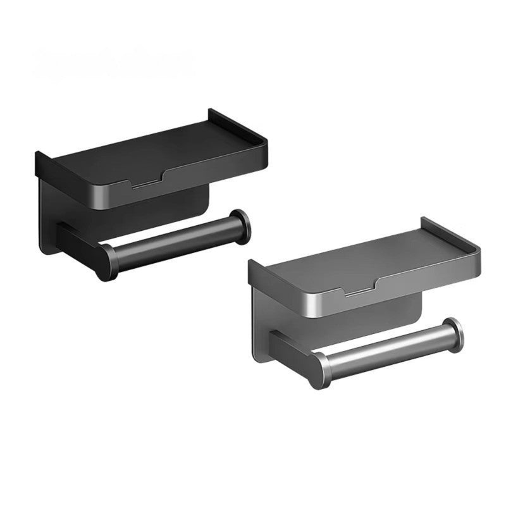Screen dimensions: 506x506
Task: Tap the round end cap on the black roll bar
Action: pos(240,226)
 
